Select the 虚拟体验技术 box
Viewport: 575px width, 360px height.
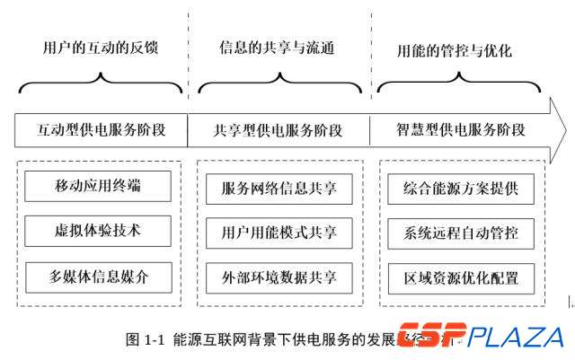[98, 232]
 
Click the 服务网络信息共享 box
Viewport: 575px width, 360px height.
[279, 189]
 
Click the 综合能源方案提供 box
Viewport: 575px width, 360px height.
[461, 189]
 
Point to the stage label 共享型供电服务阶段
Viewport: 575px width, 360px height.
[279, 129]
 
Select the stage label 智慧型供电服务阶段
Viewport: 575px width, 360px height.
[461, 129]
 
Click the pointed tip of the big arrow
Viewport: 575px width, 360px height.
[563, 130]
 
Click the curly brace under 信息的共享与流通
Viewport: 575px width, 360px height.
[279, 86]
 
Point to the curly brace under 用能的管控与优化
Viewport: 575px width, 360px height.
[461, 86]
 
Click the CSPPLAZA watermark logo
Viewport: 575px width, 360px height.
[482, 338]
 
